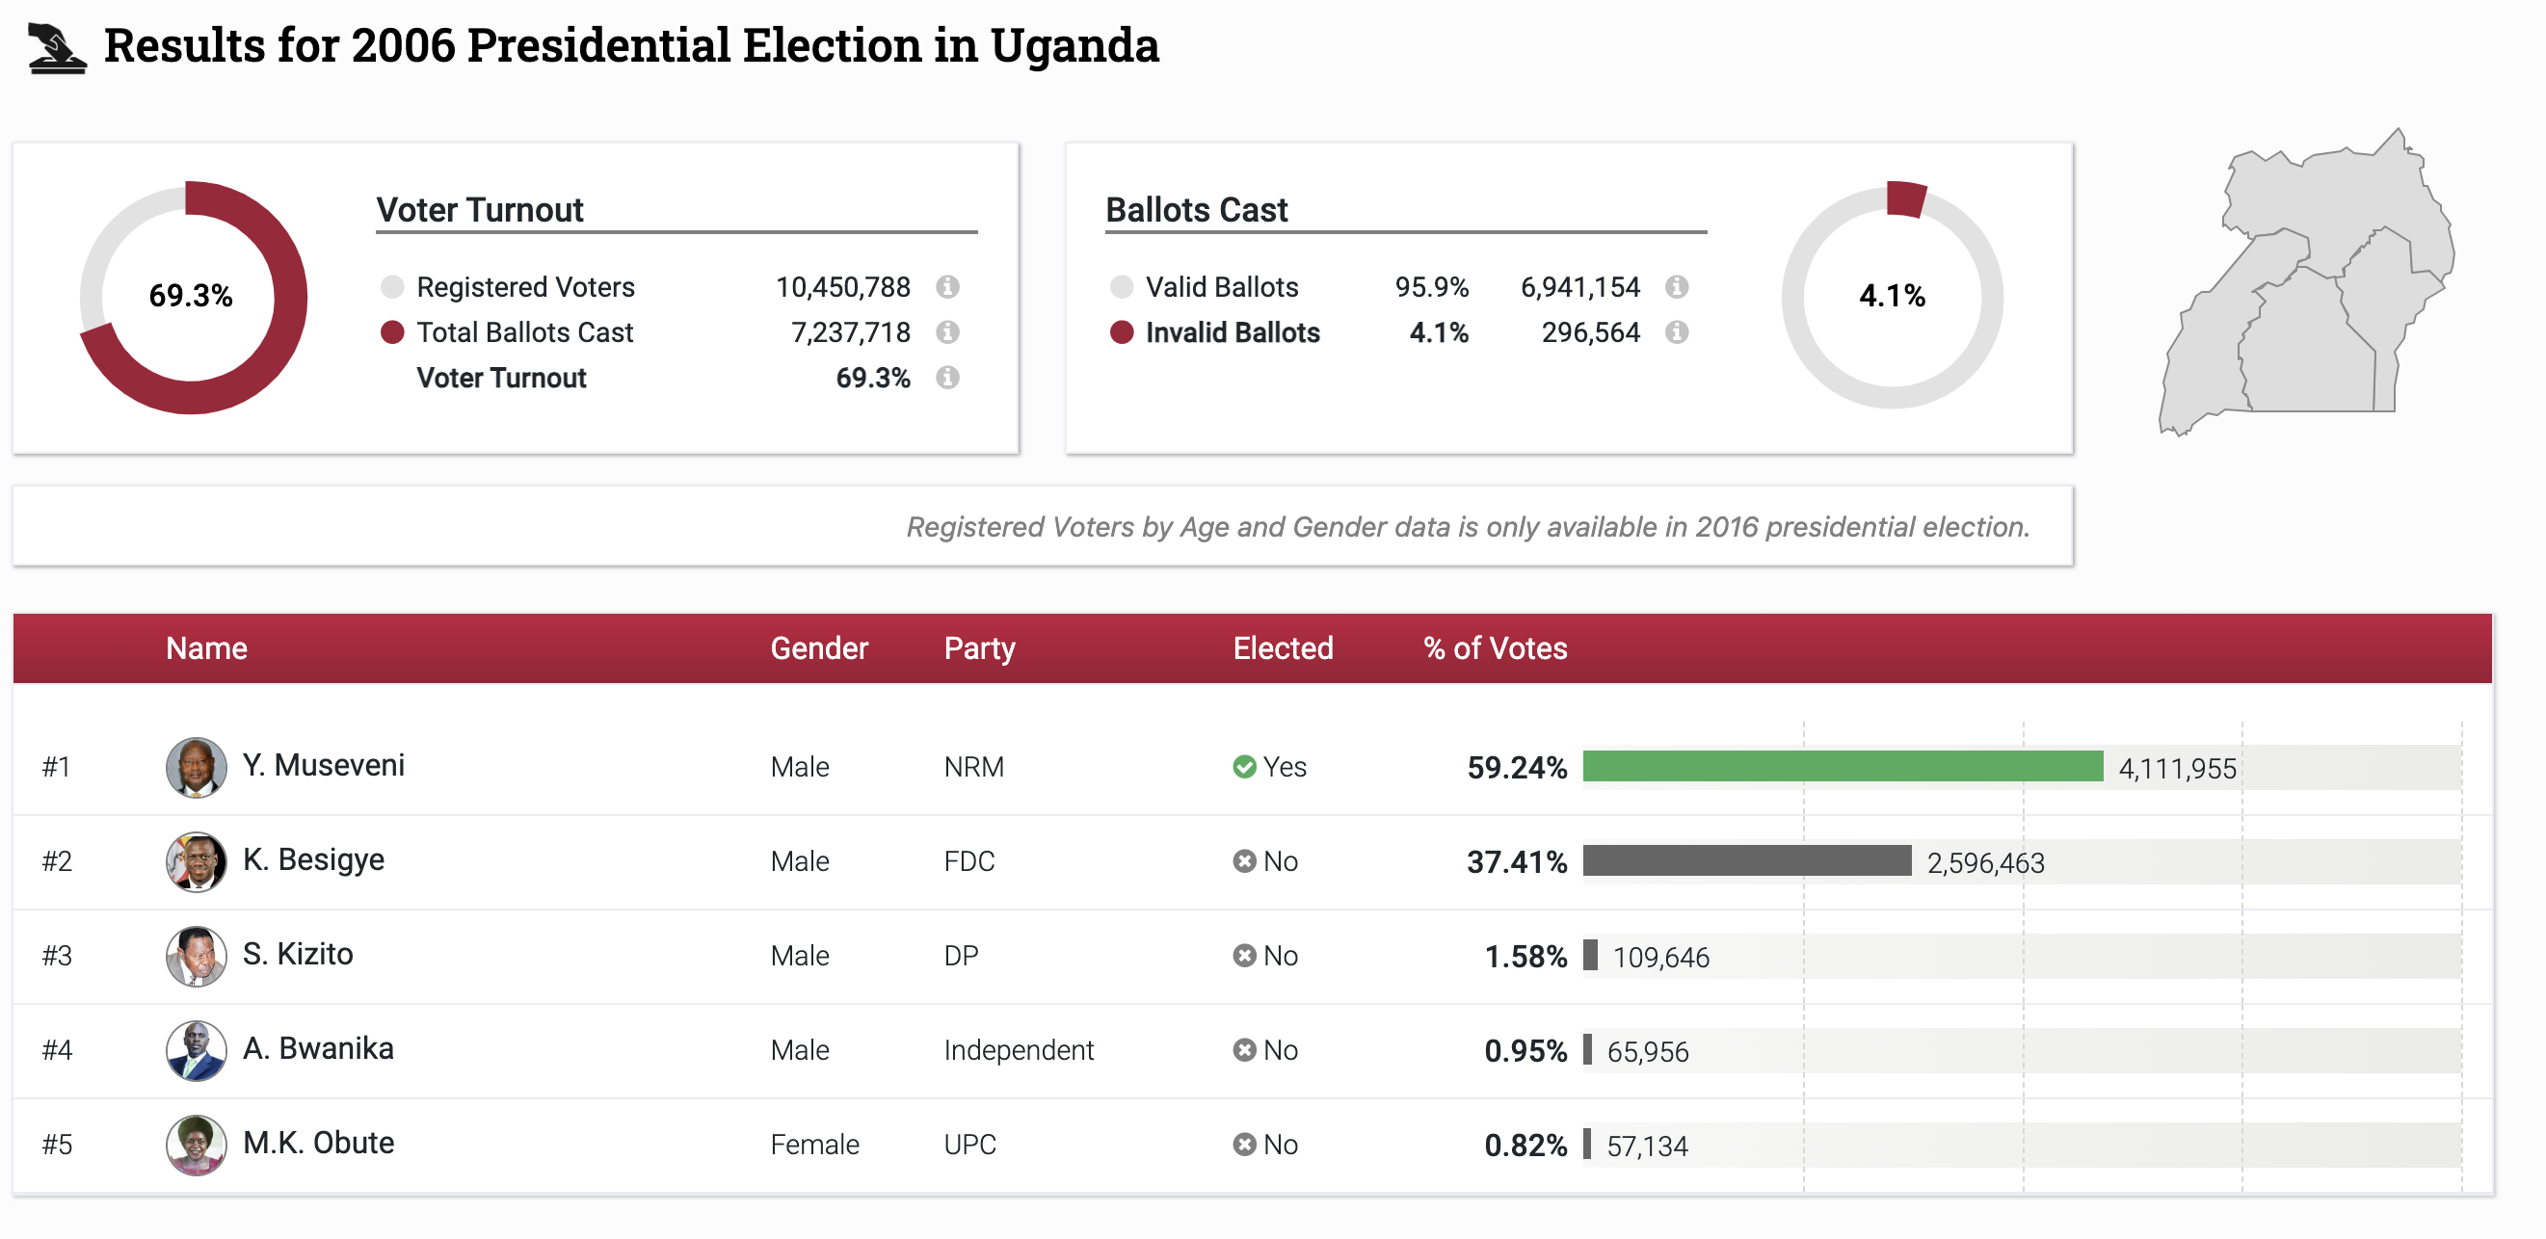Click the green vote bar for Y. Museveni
coord(1842,766)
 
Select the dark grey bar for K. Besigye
coord(1746,860)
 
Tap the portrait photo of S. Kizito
coord(196,956)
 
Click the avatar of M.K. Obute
coord(196,1145)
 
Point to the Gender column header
coord(818,648)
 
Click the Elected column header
coord(1282,648)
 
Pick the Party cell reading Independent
coord(1018,1049)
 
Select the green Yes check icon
coord(1244,767)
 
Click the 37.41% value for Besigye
coord(1516,861)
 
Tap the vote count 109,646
coord(1660,957)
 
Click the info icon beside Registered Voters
coord(947,286)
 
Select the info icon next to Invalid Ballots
coord(1676,332)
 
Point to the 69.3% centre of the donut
coord(191,296)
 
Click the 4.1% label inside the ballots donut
coord(1891,296)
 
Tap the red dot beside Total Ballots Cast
coord(392,332)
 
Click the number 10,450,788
coord(842,286)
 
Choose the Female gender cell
coord(814,1145)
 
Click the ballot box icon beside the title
coord(56,48)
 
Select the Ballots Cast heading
coord(1196,209)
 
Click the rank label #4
coord(57,1049)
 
